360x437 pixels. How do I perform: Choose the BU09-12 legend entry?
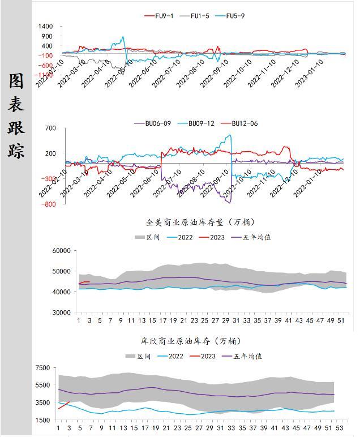pos(198,123)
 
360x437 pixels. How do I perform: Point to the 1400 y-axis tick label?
pos(46,27)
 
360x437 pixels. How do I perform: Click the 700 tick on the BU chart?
pos(50,128)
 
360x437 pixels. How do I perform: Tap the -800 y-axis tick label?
pos(48,204)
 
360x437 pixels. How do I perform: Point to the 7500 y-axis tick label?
pos(43,368)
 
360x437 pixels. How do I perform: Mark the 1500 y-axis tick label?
pos(43,420)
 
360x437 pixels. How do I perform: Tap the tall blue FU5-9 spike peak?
pos(122,38)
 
